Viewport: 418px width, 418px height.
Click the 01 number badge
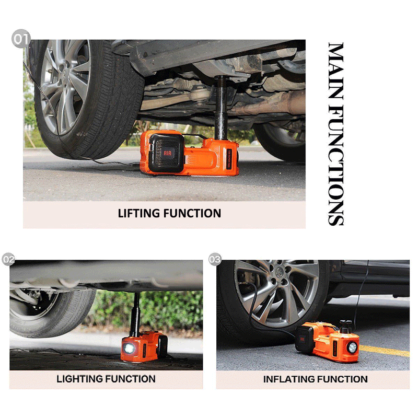(x=21, y=40)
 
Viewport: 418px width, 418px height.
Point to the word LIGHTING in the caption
(x=79, y=379)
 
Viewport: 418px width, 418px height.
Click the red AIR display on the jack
(x=168, y=154)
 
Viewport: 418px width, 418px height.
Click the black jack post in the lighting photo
(x=136, y=313)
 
